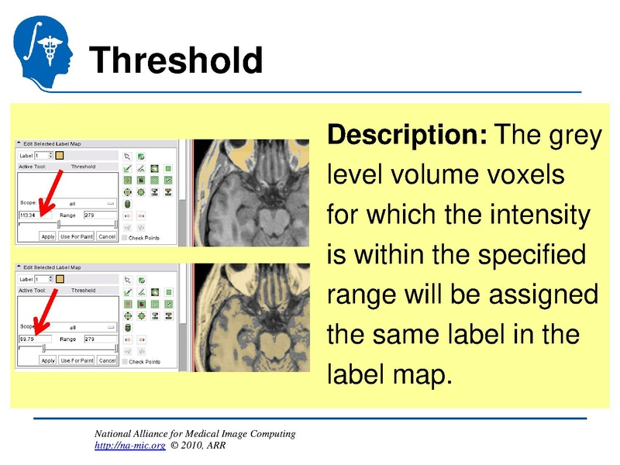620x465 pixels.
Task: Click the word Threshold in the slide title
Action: click(x=175, y=60)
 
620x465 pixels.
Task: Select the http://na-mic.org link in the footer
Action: click(x=129, y=446)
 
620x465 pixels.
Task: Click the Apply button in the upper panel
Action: click(x=48, y=236)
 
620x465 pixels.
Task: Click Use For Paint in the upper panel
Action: click(x=77, y=236)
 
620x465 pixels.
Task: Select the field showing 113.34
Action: click(x=35, y=215)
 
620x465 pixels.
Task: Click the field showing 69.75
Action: click(x=35, y=339)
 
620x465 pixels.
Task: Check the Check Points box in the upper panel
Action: click(x=126, y=237)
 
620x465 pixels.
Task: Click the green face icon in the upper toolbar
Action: click(x=155, y=168)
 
